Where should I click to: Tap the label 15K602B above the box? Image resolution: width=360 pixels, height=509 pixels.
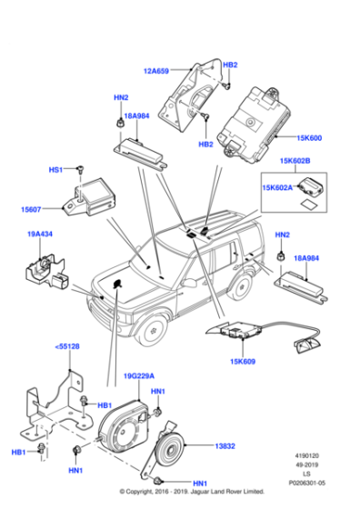tap(295, 161)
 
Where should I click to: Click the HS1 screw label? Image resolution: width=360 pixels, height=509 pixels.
tap(55, 169)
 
